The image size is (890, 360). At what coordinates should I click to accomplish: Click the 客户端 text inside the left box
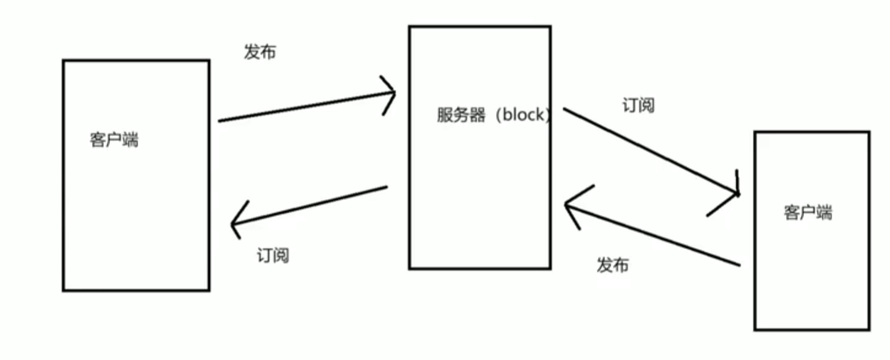click(114, 141)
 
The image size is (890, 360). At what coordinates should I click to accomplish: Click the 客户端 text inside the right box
click(808, 213)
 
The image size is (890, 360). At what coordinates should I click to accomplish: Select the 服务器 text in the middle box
click(461, 115)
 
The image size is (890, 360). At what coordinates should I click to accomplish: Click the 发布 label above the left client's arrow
click(260, 53)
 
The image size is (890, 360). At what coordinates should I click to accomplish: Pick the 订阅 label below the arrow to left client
click(273, 256)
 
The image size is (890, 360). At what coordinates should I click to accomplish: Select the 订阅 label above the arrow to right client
click(639, 106)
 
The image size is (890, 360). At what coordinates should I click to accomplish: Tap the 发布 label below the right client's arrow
click(612, 265)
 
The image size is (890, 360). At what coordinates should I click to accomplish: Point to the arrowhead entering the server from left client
click(392, 94)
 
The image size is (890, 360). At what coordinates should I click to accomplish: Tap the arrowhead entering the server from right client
click(569, 206)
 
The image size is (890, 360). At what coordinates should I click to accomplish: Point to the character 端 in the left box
click(130, 141)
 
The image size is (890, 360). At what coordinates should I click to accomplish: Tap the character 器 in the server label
click(478, 115)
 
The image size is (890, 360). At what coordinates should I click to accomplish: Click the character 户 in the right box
click(808, 213)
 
